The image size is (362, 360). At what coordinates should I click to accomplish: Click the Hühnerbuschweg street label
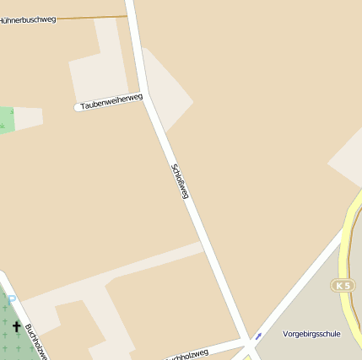tap(28, 19)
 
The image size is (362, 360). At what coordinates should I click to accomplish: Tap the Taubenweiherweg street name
tap(111, 102)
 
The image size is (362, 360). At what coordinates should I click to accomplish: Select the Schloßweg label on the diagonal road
tap(180, 180)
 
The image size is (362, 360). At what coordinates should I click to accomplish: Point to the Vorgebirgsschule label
tap(311, 334)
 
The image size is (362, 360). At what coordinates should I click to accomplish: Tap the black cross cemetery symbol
tap(17, 325)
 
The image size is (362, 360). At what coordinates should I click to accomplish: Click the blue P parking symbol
tap(11, 298)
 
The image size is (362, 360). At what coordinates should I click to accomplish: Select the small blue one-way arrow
tap(258, 336)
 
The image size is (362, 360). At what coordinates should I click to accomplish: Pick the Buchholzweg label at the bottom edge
tap(187, 355)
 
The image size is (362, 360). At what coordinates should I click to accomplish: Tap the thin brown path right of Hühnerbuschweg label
tap(93, 17)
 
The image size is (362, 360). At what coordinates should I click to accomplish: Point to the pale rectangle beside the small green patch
tap(29, 118)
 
